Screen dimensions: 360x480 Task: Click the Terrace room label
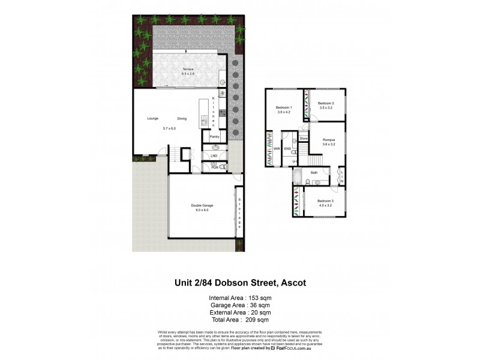(188, 69)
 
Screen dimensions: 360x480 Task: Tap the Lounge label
(153, 118)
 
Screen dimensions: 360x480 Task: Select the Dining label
(182, 118)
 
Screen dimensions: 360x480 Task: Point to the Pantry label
(214, 137)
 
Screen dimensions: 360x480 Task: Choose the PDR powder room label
(214, 167)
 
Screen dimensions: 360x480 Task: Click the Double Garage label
(202, 206)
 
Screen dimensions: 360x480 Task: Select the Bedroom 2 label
(325, 103)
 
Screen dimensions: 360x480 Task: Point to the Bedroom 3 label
(325, 200)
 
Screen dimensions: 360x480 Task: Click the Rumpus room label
(327, 140)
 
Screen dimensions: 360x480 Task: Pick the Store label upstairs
(303, 139)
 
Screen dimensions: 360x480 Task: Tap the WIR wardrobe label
(277, 148)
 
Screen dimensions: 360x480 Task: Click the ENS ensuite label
(287, 148)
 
